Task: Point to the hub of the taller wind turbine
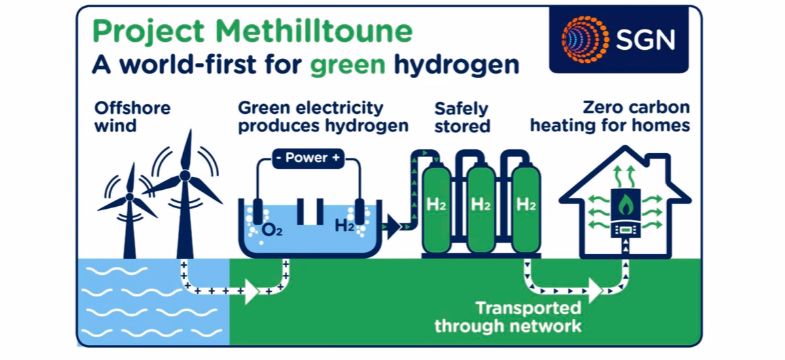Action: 184,177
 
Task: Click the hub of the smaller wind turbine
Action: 130,196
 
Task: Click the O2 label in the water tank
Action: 271,229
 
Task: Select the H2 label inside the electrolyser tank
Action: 345,227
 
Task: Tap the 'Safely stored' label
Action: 462,117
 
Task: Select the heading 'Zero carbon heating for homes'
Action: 610,117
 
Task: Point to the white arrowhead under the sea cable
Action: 250,290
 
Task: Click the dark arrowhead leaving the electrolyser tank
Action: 392,227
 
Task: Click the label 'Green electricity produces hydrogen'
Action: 323,117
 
